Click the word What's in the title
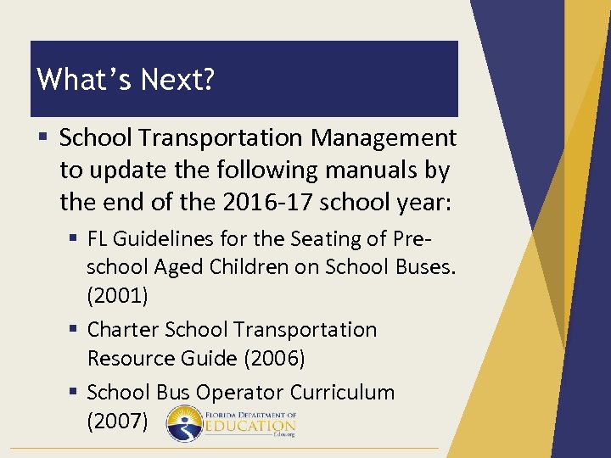click(x=81, y=80)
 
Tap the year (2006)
click(x=274, y=359)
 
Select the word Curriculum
click(x=343, y=393)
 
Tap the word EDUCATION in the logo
click(x=250, y=426)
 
